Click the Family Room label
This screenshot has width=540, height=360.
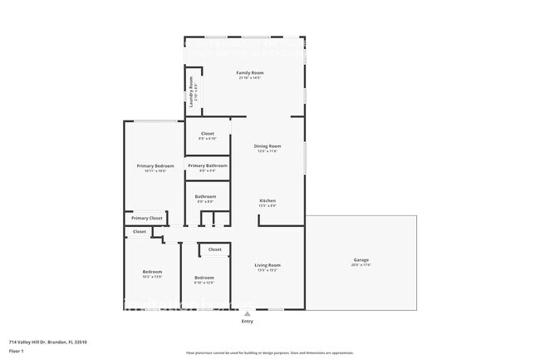pyautogui.click(x=248, y=73)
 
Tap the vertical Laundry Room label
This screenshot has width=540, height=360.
pyautogui.click(x=191, y=88)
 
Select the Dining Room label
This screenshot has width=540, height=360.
pyautogui.click(x=268, y=146)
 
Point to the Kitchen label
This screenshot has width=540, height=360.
pyautogui.click(x=268, y=200)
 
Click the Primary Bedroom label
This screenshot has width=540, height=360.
pyautogui.click(x=155, y=165)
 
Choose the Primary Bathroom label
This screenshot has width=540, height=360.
pyautogui.click(x=207, y=165)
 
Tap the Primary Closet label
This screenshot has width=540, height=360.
pyautogui.click(x=146, y=218)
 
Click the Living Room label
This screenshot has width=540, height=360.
pyautogui.click(x=268, y=265)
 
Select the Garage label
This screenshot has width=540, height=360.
pyautogui.click(x=361, y=260)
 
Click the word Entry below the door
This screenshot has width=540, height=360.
pyautogui.click(x=247, y=321)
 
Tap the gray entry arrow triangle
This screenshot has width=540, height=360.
pyautogui.click(x=247, y=313)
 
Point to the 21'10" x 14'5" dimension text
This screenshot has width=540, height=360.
pyautogui.click(x=248, y=78)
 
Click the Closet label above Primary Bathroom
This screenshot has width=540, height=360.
pyautogui.click(x=207, y=133)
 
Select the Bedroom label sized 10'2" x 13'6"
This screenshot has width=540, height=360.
pyautogui.click(x=152, y=272)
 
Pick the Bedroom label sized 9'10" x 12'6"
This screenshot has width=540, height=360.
pyautogui.click(x=204, y=277)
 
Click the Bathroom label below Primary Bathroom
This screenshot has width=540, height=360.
pyautogui.click(x=205, y=197)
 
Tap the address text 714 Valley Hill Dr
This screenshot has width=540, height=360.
pyautogui.click(x=48, y=342)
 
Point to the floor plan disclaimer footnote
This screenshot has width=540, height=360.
pyautogui.click(x=269, y=353)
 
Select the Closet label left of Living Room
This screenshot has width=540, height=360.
pyautogui.click(x=214, y=249)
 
